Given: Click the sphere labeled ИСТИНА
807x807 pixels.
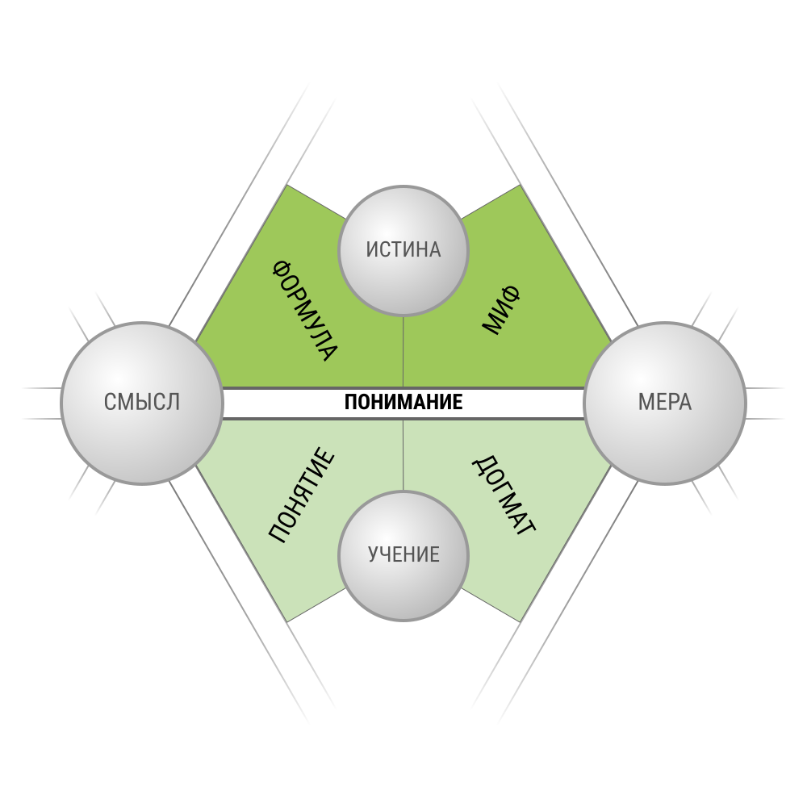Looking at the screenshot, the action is pos(403,251).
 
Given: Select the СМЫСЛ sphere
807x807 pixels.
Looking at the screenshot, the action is pos(142,403).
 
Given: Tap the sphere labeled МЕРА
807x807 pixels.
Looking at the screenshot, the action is pos(665,403).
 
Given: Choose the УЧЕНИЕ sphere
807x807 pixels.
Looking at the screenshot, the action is pos(403,556).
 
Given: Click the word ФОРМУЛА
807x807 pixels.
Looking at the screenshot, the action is pos(305,311).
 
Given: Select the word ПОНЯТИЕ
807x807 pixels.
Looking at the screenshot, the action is pos(302,495).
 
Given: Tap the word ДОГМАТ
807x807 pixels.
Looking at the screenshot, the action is pos(504,495).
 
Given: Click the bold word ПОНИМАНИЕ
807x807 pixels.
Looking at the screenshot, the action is pos(403,402).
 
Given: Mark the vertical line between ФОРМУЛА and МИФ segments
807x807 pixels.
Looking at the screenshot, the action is pos(403,352).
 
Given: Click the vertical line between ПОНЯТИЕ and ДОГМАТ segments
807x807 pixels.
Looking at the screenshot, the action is pos(403,455).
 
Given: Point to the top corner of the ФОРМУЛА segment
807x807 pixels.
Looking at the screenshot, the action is pos(286,185).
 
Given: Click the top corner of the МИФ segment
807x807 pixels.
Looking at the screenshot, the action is pos(521,185).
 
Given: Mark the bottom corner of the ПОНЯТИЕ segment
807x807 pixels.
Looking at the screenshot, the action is pos(286,622).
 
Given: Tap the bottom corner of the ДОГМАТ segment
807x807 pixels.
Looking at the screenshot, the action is pos(521,622).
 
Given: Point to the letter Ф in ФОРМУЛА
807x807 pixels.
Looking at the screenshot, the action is pos(282,270).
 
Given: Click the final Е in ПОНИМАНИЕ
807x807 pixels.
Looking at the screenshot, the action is pos(458,402).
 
